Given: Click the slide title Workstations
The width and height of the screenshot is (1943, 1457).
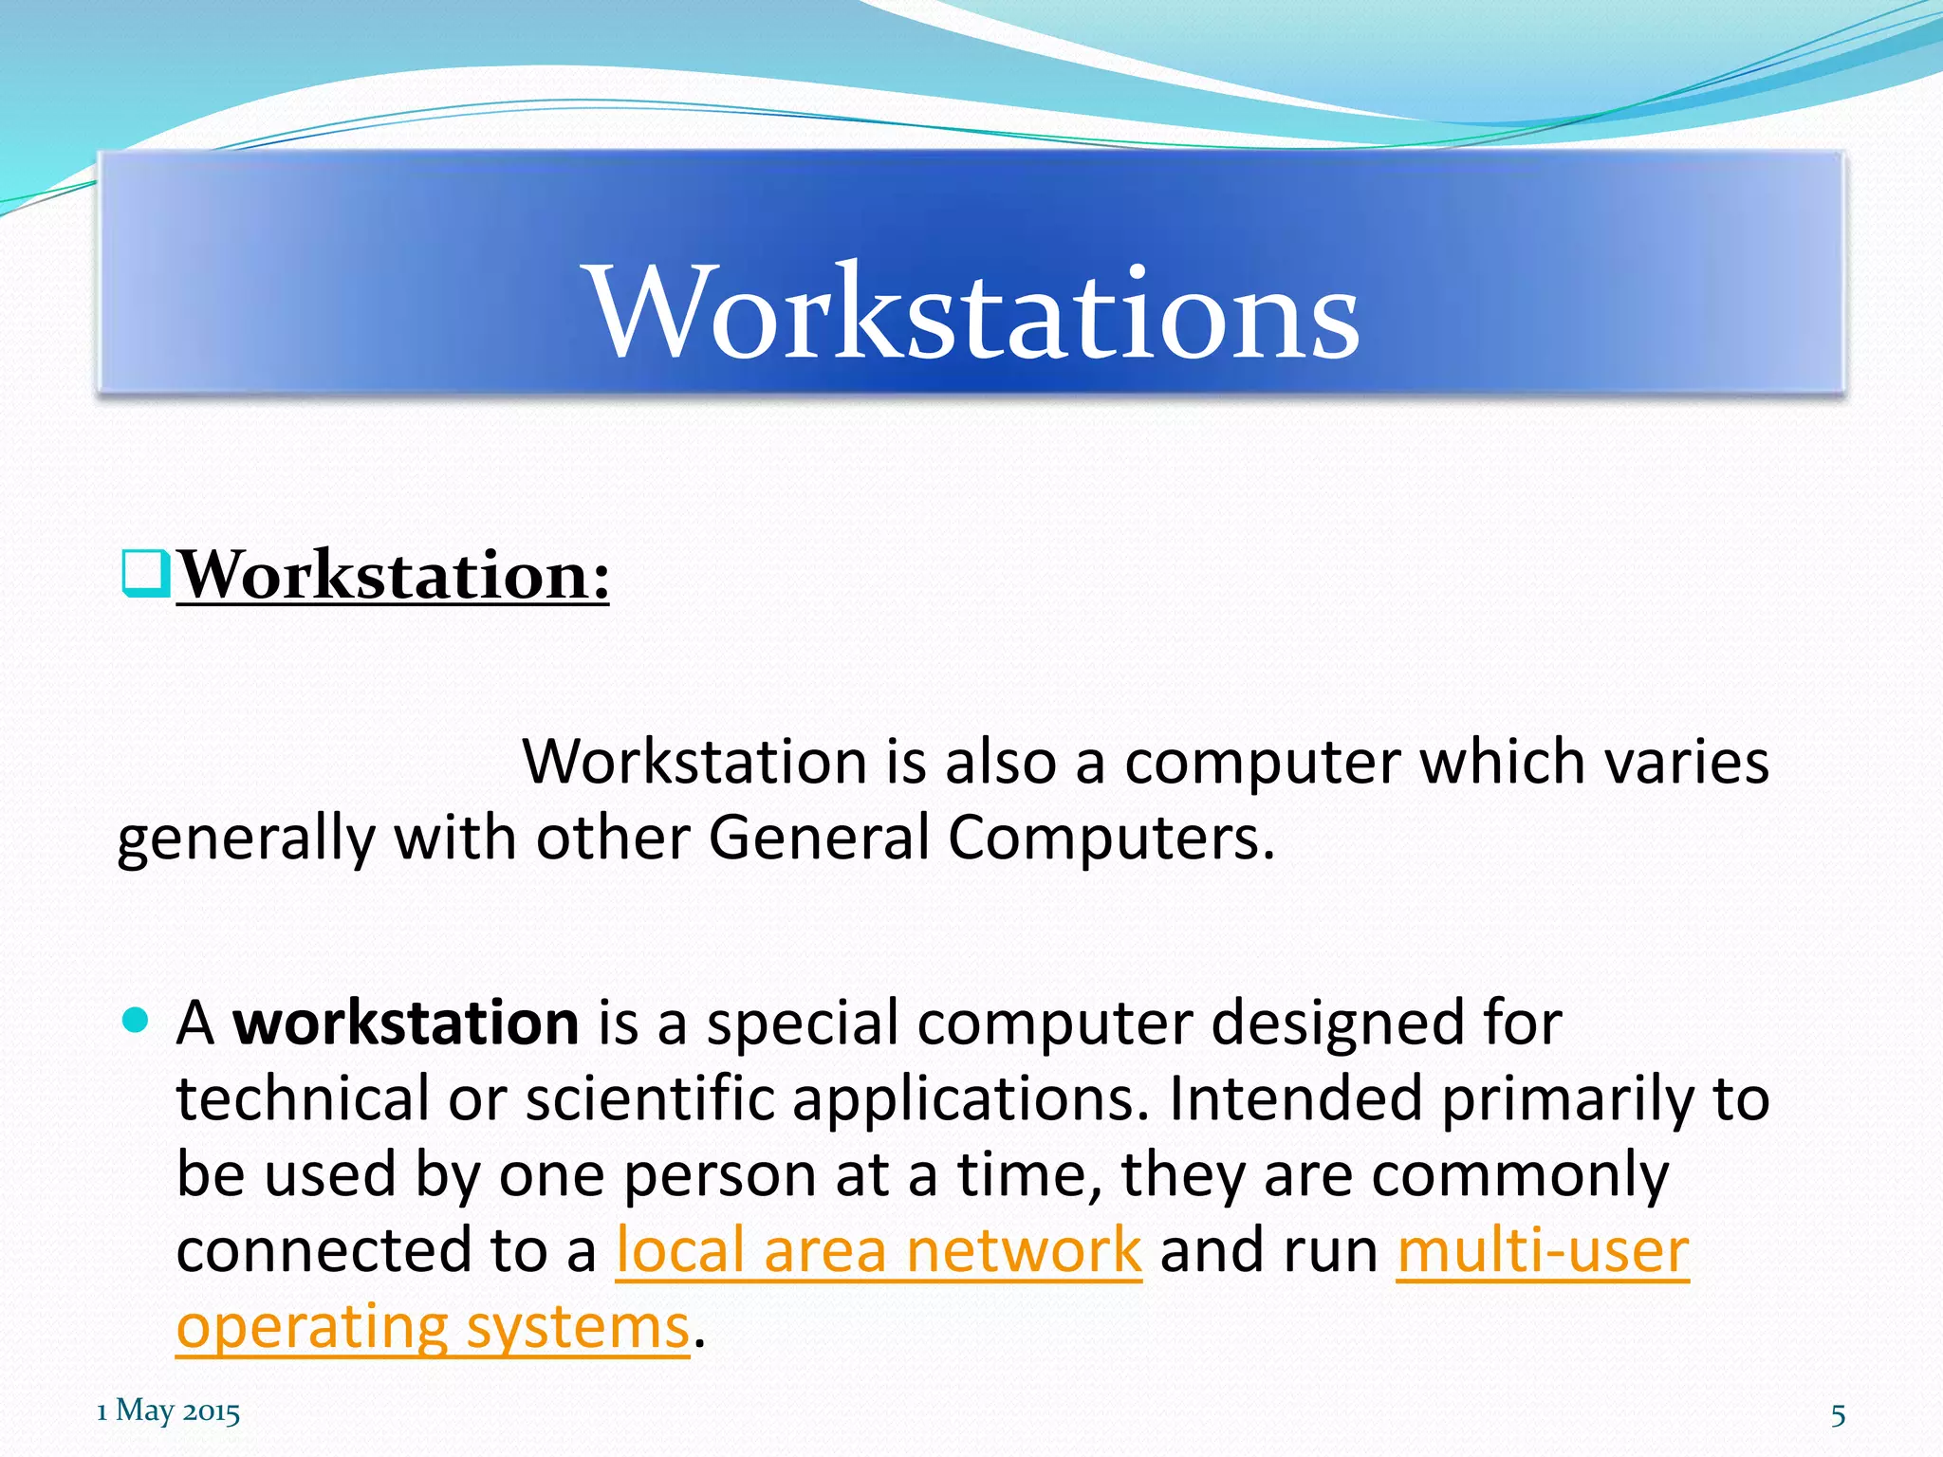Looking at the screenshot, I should coord(974,313).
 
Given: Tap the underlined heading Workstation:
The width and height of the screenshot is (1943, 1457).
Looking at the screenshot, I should coord(393,576).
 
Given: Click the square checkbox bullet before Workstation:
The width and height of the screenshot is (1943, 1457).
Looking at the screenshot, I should coord(145,574).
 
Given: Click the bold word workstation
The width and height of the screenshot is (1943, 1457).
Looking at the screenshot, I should coord(406,1024).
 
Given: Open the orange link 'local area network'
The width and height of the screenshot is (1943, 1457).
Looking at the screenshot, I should coord(879,1250).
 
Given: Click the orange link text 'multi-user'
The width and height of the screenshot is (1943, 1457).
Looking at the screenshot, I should coord(1543,1250).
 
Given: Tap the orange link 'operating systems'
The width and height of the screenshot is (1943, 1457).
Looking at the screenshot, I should coord(433,1326).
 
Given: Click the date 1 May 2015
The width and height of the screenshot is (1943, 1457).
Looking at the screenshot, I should coord(169,1411).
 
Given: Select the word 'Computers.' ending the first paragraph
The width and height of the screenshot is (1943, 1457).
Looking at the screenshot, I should coord(1111,839).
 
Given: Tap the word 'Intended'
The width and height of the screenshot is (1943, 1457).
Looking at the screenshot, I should coord(1295,1099).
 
